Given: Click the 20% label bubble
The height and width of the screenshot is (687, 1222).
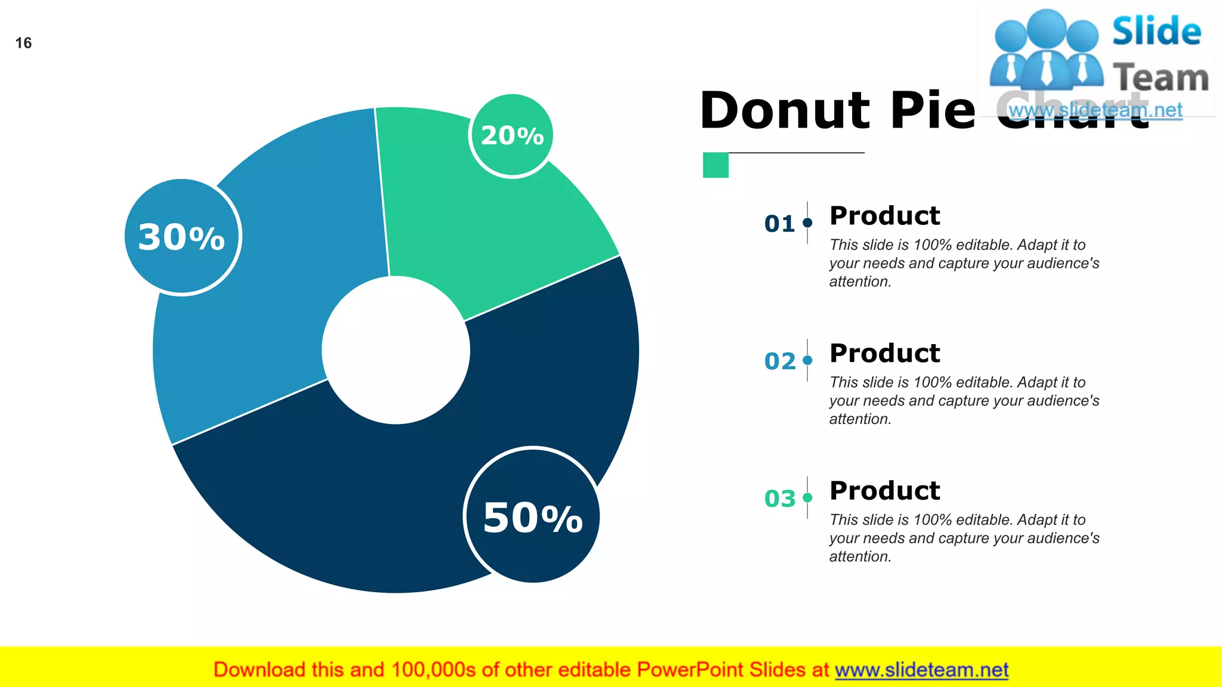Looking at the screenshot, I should click(511, 136).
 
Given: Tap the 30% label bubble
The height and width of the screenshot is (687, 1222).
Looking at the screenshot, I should click(182, 237).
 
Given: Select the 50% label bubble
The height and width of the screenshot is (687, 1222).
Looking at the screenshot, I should click(532, 516).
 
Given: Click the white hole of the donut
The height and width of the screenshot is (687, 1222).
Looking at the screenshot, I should click(396, 350).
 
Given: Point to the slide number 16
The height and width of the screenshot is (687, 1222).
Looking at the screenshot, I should click(23, 43).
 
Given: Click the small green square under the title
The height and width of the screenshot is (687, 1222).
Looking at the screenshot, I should click(715, 165).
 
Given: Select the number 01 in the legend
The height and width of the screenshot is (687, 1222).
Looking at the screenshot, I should click(779, 224).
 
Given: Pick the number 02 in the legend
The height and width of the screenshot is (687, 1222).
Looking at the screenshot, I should click(779, 361).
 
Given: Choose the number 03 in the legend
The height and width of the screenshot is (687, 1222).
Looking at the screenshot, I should click(779, 499).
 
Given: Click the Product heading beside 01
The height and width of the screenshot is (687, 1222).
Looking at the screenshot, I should click(884, 215).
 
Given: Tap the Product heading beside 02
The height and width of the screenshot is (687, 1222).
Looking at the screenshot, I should click(884, 353).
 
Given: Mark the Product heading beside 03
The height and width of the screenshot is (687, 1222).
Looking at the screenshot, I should click(884, 491).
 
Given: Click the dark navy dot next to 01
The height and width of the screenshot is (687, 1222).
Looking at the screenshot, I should click(808, 222).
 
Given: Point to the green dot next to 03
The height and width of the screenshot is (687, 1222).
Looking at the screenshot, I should click(808, 497).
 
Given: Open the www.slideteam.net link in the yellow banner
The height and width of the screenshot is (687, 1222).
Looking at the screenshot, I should click(921, 670).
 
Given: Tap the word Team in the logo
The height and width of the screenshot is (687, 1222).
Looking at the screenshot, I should click(1161, 78).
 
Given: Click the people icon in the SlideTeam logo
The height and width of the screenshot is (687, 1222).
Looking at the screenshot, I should click(1046, 49).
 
